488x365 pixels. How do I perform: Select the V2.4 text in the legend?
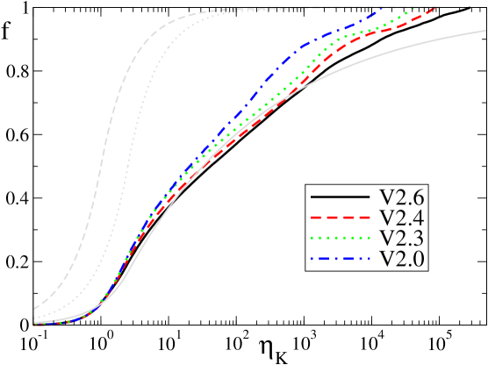point(399,217)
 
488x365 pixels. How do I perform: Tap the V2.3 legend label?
point(399,238)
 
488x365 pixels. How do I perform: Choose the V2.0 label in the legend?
point(399,259)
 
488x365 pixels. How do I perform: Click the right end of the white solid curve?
point(485,31)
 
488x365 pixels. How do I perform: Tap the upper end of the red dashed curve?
point(436,8)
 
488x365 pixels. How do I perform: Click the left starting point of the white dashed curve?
point(34,309)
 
